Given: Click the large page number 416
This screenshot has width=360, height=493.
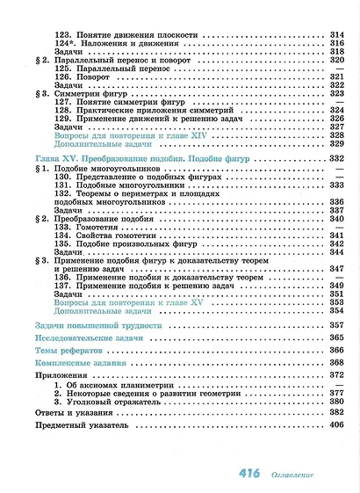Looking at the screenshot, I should (x=249, y=475).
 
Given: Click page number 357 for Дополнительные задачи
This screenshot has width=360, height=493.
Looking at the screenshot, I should (x=335, y=310).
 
